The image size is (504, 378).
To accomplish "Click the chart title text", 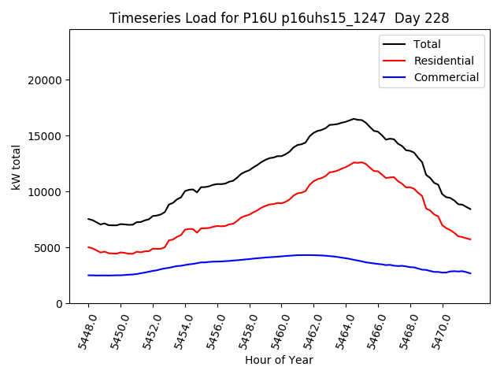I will [273, 18].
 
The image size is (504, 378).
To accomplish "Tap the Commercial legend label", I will [447, 77].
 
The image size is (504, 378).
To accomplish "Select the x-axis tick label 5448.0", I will [83, 329].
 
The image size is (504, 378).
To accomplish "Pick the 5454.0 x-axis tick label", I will [180, 329].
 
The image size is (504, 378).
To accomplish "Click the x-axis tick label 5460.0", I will [277, 329].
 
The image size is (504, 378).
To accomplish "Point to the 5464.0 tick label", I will [342, 329].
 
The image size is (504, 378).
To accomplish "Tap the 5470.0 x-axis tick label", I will [438, 329].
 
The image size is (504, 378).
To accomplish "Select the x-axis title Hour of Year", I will [279, 360].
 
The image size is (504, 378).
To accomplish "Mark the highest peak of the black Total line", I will [354, 119].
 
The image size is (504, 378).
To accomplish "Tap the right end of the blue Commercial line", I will [471, 273].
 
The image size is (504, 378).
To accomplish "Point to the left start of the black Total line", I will [88, 219].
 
